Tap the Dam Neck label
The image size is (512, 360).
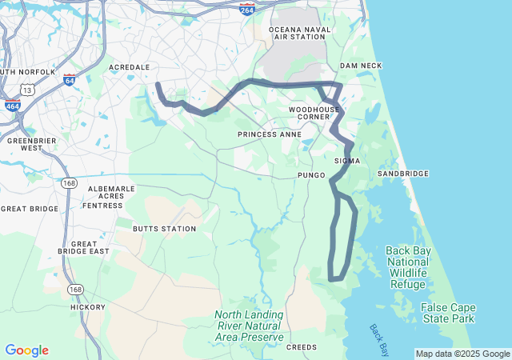tap(361, 66)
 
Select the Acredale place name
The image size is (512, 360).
tap(129, 67)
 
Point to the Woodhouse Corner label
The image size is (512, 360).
tap(314, 113)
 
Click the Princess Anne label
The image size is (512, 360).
tap(270, 134)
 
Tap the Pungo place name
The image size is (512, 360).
tap(311, 174)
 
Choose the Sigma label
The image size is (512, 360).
tap(347, 161)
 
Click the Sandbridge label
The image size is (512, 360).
tap(403, 174)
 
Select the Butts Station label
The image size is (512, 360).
tap(164, 229)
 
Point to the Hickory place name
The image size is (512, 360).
tap(87, 306)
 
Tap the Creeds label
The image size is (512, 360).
tap(302, 347)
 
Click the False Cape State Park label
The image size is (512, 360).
tap(448, 313)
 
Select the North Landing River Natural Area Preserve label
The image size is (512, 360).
tap(249, 326)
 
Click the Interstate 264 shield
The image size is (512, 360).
tap(247, 10)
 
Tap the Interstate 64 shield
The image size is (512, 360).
tap(70, 80)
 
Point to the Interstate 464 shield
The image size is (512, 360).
tap(12, 105)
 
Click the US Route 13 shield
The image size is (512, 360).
tap(28, 90)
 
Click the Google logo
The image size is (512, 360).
tap(26, 350)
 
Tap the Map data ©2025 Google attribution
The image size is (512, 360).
tap(462, 354)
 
